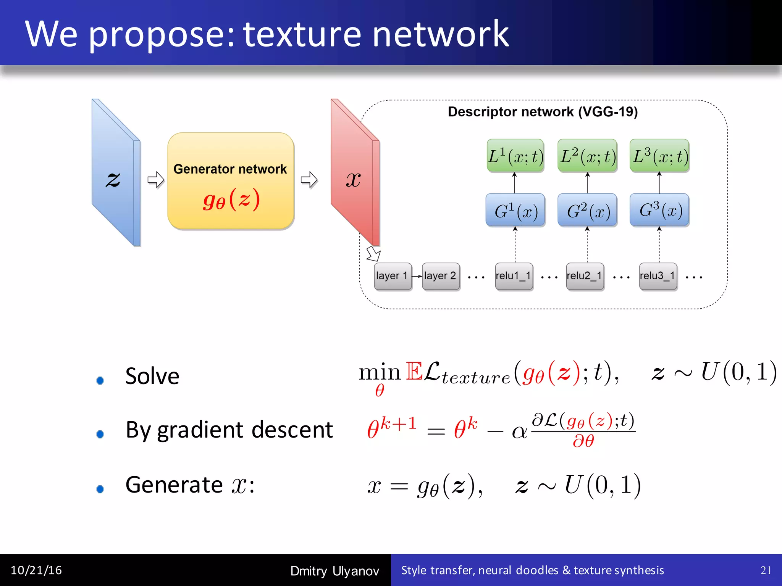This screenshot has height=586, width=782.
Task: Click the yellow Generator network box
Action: tap(231, 181)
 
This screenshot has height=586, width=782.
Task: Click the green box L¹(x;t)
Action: tap(515, 156)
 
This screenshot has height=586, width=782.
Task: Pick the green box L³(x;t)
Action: tap(659, 156)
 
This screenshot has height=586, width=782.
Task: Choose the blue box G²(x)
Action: tap(587, 210)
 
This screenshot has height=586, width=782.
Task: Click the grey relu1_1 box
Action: tap(514, 276)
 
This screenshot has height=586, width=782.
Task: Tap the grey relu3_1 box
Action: tap(658, 276)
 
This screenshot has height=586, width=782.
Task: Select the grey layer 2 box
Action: tap(441, 276)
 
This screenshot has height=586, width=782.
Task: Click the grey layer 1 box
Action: tap(393, 276)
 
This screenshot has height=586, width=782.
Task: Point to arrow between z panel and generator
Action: tap(156, 180)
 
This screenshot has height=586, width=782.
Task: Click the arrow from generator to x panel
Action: tap(309, 180)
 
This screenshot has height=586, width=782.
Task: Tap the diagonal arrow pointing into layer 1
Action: tap(373, 254)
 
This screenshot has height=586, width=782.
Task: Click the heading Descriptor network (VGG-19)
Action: tap(543, 112)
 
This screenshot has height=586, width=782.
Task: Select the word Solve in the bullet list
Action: tap(152, 376)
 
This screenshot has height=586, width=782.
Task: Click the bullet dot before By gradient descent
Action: tap(100, 434)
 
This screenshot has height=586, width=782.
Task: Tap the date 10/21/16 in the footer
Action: tap(36, 570)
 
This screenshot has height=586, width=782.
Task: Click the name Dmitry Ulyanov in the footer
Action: tap(334, 571)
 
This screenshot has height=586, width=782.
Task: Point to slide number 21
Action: tap(766, 570)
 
